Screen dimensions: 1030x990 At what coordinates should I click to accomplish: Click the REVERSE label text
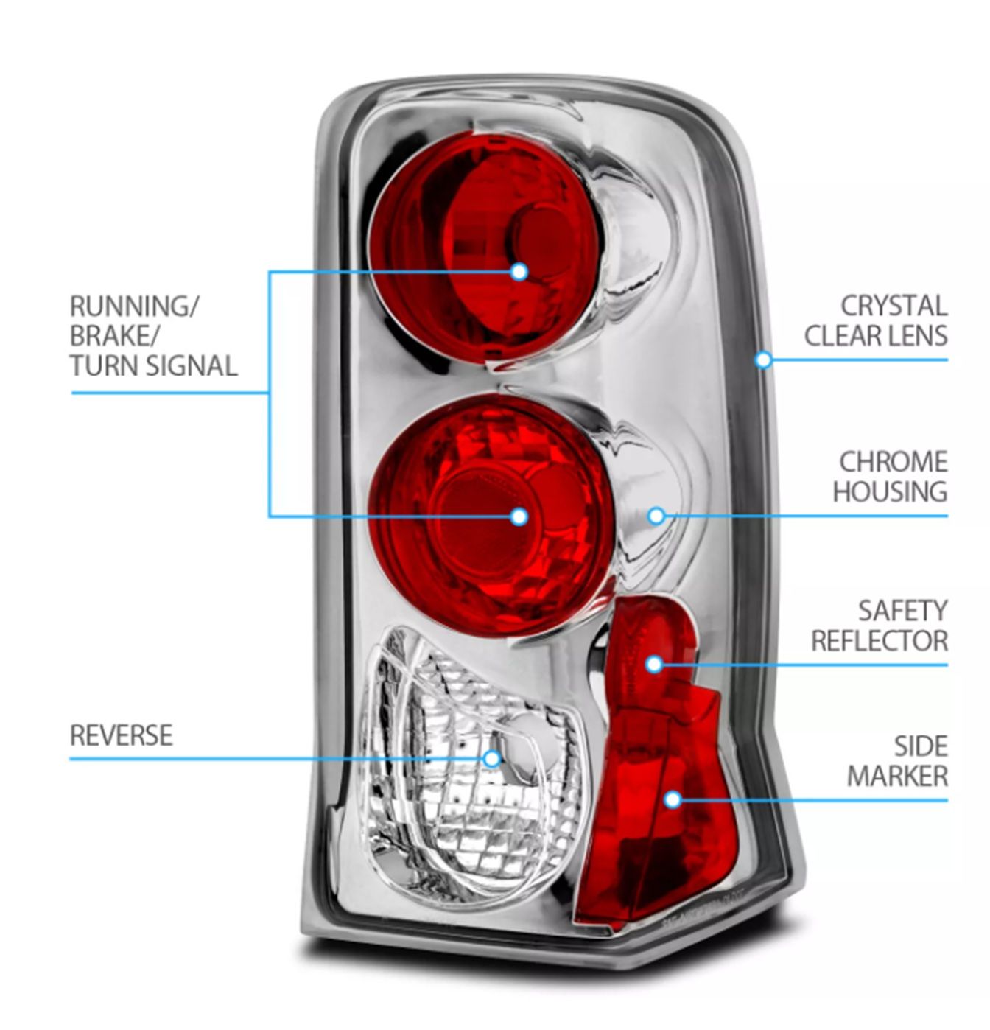122,735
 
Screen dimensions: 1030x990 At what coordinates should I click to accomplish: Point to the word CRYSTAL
894,306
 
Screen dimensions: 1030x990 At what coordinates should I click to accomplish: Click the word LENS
916,336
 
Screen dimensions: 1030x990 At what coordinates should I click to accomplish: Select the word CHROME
893,462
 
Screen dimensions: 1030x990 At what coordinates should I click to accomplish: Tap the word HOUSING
890,491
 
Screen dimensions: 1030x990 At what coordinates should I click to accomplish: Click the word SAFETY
902,611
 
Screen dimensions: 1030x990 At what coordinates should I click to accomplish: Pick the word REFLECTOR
880,641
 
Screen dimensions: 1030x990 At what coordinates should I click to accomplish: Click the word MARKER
897,776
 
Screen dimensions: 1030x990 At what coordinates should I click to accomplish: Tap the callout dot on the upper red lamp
519,272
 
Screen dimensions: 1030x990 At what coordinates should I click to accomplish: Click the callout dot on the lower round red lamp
519,516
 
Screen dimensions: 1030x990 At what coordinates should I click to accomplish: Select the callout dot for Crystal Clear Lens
764,360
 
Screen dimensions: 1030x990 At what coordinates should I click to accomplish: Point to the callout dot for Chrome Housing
656,516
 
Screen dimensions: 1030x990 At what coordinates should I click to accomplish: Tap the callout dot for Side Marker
673,799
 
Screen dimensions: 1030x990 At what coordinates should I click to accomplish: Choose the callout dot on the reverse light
492,758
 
